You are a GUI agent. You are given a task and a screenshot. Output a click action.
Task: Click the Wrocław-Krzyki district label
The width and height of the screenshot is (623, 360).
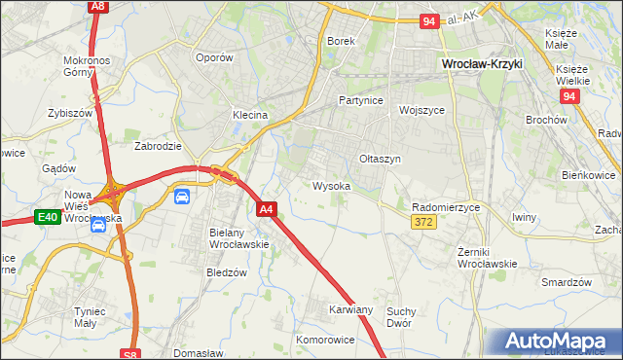[x=482, y=64]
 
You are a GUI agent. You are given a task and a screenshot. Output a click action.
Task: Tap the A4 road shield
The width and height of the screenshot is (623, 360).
[x=268, y=208]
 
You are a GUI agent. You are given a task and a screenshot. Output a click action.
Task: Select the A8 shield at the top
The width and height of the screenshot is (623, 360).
[x=96, y=6]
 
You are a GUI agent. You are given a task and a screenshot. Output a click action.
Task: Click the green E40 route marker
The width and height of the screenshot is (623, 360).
[x=47, y=217]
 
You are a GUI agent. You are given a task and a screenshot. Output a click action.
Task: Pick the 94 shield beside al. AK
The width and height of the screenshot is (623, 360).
[x=430, y=20]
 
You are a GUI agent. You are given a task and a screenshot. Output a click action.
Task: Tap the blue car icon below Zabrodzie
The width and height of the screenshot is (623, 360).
[x=182, y=196]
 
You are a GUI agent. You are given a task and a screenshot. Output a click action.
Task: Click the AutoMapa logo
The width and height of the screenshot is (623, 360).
[x=558, y=342]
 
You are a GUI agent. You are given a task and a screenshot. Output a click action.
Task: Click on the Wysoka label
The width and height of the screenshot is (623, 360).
[x=331, y=185]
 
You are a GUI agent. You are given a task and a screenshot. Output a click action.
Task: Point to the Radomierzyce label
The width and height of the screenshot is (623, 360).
[x=448, y=206]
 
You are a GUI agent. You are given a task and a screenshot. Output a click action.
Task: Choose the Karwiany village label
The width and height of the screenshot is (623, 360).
[x=351, y=309]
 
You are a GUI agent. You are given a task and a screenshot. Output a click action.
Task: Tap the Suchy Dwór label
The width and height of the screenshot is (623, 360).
[x=399, y=317]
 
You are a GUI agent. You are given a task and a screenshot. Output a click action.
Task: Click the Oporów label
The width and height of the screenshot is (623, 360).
[x=214, y=57]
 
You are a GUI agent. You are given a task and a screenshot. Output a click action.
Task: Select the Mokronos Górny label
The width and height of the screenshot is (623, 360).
[x=90, y=66]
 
